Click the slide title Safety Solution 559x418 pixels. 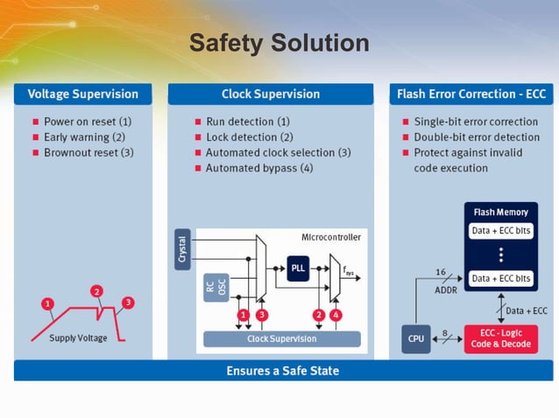pyautogui.click(x=279, y=42)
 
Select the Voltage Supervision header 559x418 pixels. pyautogui.click(x=82, y=94)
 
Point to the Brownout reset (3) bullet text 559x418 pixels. pyautogui.click(x=88, y=153)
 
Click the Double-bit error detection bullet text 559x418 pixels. pyautogui.click(x=477, y=137)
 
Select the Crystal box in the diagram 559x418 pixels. pyautogui.click(x=182, y=249)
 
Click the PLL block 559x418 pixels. pyautogui.click(x=298, y=268)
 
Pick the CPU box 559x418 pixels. pyautogui.click(x=415, y=338)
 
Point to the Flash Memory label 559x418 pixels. pyautogui.click(x=500, y=212)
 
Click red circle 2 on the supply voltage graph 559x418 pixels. pyautogui.click(x=97, y=291)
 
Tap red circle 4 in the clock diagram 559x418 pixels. pyautogui.click(x=337, y=315)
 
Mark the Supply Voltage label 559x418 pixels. pyautogui.click(x=78, y=338)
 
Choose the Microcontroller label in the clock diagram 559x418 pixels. pyautogui.click(x=330, y=237)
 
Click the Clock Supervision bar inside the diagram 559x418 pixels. pyautogui.click(x=281, y=338)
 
